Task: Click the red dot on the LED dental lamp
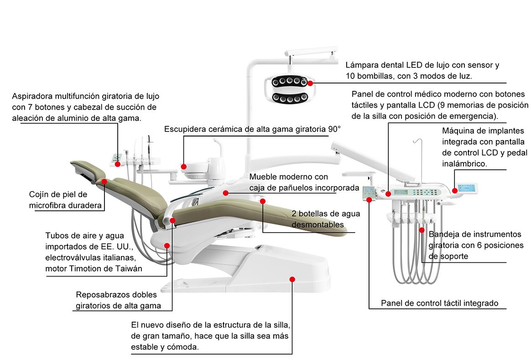310,83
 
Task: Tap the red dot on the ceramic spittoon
184,167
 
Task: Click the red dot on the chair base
292,279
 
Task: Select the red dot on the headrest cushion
104,182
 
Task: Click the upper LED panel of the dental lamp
288,82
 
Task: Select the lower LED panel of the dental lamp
288,98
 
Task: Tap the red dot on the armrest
173,220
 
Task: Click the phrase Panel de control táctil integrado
439,303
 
